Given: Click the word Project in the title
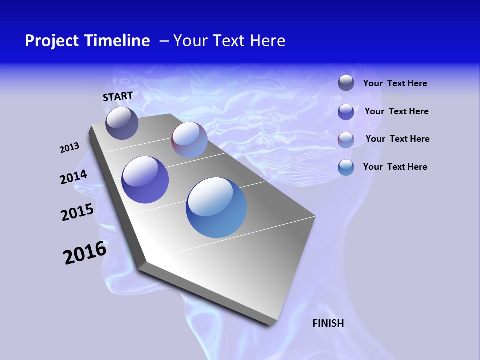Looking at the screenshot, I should pyautogui.click(x=52, y=41).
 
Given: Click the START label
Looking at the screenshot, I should pyautogui.click(x=118, y=96).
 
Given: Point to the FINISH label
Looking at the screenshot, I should pyautogui.click(x=328, y=323).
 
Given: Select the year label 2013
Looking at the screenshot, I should pyautogui.click(x=70, y=148).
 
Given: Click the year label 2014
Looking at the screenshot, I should pyautogui.click(x=74, y=177).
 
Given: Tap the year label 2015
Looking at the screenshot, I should pyautogui.click(x=77, y=212).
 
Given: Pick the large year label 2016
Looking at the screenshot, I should pyautogui.click(x=85, y=253).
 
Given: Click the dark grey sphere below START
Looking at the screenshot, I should pyautogui.click(x=122, y=123).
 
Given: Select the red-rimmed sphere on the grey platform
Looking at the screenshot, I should pyautogui.click(x=189, y=140).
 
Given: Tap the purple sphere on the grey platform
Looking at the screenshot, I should pyautogui.click(x=145, y=180).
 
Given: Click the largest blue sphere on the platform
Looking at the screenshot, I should pyautogui.click(x=216, y=207).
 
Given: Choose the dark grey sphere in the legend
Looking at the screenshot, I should pyautogui.click(x=346, y=83).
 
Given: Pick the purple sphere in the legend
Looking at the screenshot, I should pyautogui.click(x=346, y=112).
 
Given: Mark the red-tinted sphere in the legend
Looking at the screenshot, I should pyautogui.click(x=346, y=140).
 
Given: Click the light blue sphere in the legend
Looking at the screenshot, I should pyautogui.click(x=346, y=167).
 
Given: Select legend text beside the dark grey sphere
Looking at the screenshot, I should pyautogui.click(x=395, y=84).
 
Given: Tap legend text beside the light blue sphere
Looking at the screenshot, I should pyautogui.click(x=395, y=167).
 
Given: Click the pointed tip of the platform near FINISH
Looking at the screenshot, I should pyautogui.click(x=272, y=324).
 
